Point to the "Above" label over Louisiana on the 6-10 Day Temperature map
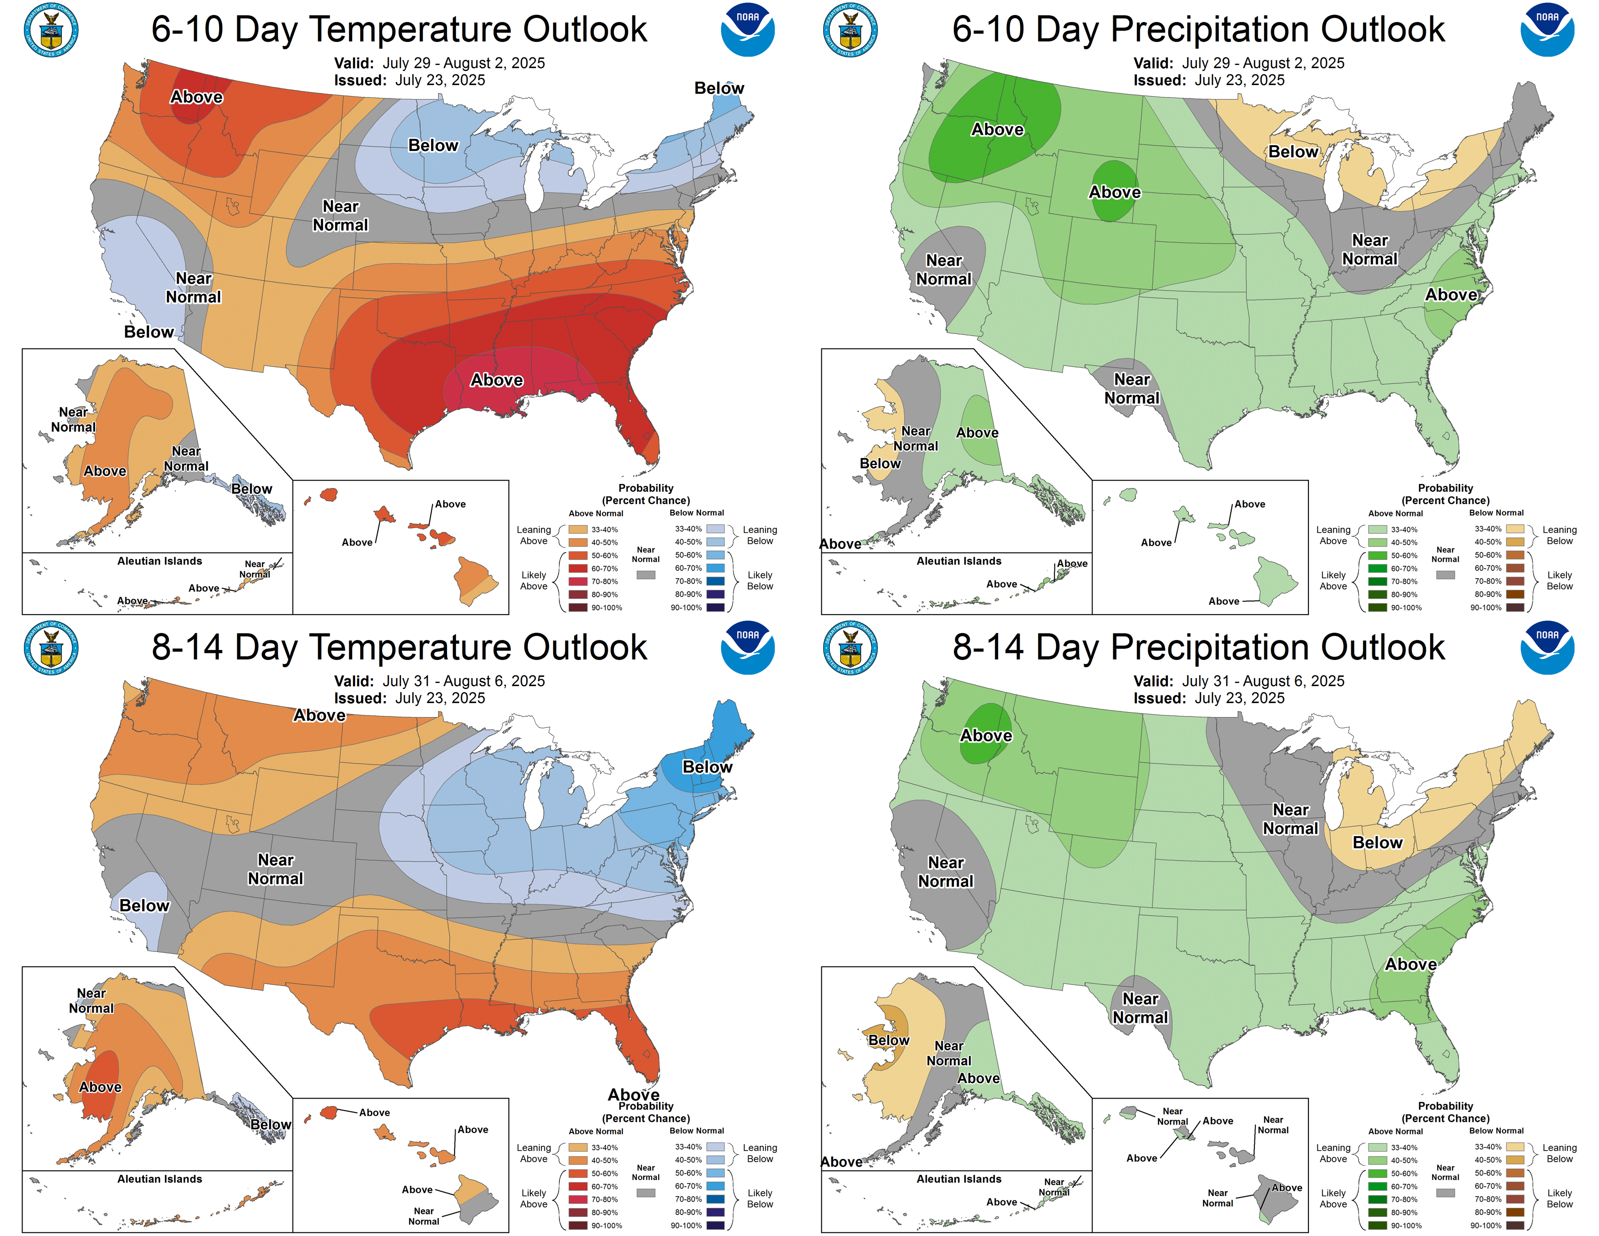[496, 380]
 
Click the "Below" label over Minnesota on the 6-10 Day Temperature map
[433, 146]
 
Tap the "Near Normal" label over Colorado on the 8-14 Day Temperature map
[276, 869]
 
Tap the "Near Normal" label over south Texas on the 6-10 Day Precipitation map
[1132, 389]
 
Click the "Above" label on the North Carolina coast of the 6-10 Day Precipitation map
[1451, 294]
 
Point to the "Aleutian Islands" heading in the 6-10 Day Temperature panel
[159, 561]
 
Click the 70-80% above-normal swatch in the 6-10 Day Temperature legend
[578, 581]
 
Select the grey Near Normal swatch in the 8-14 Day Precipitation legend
[1445, 1193]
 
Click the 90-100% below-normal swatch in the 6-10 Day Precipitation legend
[1515, 607]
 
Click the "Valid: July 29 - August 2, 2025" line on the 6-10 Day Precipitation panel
[1239, 63]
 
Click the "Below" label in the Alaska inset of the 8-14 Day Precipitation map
[888, 1040]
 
